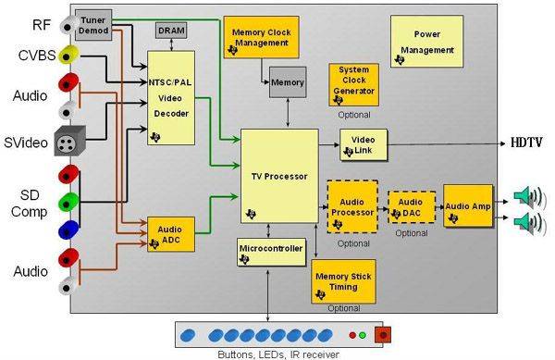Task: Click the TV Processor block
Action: (279, 176)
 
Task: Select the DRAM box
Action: (171, 31)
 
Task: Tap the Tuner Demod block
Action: (93, 25)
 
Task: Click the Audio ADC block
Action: (171, 234)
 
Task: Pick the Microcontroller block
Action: (271, 252)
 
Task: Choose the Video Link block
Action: (364, 144)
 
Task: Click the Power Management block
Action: (426, 41)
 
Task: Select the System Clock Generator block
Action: (353, 84)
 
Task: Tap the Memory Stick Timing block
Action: (343, 281)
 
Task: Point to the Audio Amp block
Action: (468, 205)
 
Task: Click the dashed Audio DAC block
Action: (412, 207)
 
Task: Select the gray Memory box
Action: (288, 82)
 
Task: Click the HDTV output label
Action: (526, 143)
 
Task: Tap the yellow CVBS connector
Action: (68, 55)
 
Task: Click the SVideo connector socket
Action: (69, 142)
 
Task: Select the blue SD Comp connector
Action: (68, 230)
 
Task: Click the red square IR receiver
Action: (383, 334)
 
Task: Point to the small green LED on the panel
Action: (363, 335)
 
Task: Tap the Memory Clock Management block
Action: (261, 37)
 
